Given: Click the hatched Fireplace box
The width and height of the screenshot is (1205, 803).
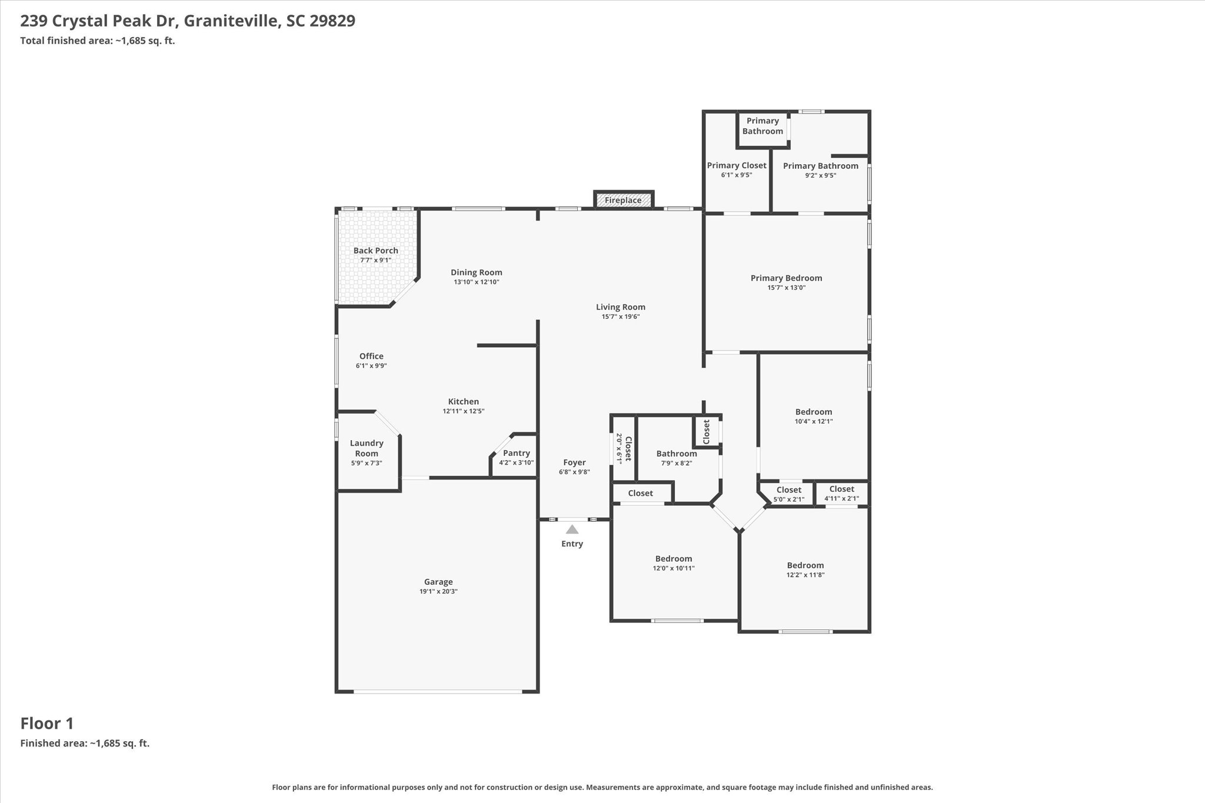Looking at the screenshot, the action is coord(624,200).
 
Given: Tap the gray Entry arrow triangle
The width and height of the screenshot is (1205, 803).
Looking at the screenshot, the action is coord(572,529).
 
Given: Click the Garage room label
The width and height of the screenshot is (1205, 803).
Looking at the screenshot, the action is coord(438,582).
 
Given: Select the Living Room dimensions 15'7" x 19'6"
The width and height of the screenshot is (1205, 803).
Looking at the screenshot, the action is coord(621,316).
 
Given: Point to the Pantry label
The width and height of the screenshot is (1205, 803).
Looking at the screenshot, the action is coord(517,453).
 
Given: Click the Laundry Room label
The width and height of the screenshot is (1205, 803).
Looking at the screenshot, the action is coord(367,448).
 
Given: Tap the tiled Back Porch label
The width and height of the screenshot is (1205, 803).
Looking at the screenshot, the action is coord(376,251).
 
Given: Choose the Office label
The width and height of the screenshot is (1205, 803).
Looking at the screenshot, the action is coord(371,356).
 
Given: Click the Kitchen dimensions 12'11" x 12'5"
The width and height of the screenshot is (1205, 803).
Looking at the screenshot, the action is coord(464,411).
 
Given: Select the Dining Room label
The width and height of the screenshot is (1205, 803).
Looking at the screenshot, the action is coord(477,272).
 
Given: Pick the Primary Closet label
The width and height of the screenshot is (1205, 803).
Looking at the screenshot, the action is coord(737,165).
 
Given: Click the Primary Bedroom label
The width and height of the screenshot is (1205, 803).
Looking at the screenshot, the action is coord(787,278).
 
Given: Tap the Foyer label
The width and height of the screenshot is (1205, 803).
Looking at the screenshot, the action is coord(574,462).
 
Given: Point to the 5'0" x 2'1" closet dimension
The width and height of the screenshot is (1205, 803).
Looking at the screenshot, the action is coord(789,499).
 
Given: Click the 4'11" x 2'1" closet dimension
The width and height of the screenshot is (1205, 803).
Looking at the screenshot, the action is coord(842,499).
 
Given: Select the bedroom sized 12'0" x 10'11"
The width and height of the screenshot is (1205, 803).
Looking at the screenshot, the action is coord(674,563).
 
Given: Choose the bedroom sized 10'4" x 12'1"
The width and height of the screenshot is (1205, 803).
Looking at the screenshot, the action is coord(814,417).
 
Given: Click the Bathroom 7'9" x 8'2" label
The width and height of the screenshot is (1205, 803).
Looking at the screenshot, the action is coord(677,458).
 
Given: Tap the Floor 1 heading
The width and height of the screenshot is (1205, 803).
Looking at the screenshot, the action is coord(47,724).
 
